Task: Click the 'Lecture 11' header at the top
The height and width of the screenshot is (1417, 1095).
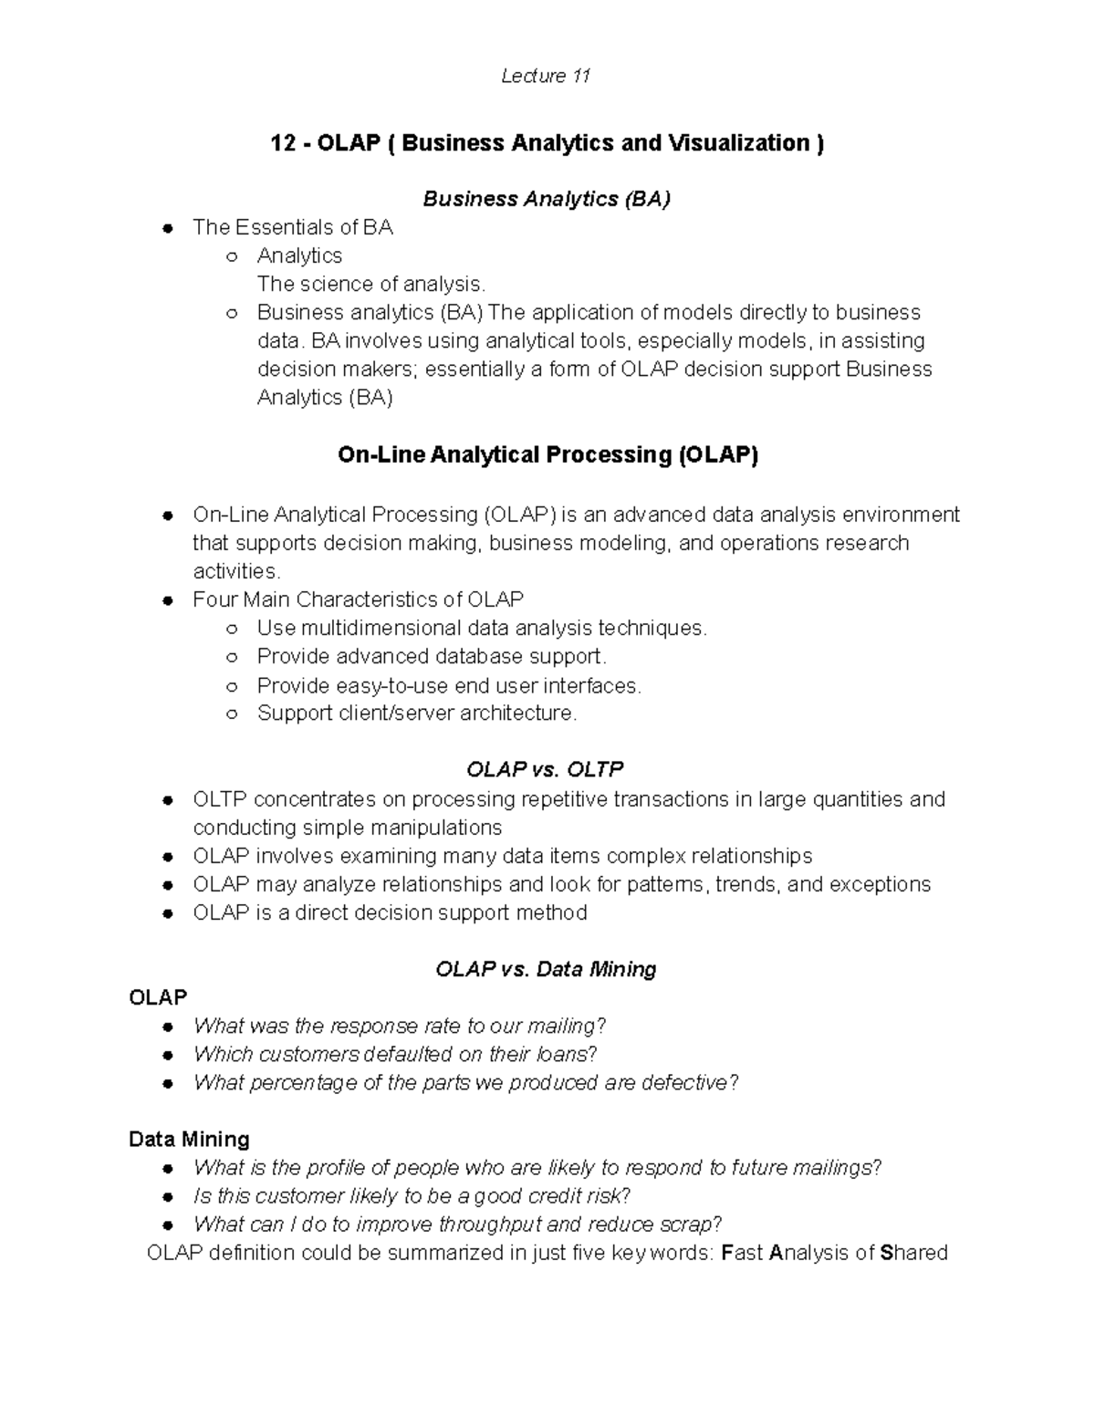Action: pyautogui.click(x=546, y=77)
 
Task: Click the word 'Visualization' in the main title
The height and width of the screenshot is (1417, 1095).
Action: pyautogui.click(x=738, y=143)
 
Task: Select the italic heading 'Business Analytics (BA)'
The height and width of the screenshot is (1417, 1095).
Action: pyautogui.click(x=546, y=200)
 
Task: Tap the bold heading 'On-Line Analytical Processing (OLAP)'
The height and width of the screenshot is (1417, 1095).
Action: pyautogui.click(x=547, y=454)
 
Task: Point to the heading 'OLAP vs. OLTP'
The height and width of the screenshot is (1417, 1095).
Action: pyautogui.click(x=545, y=769)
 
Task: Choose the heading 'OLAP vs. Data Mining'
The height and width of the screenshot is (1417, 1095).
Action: pyautogui.click(x=546, y=969)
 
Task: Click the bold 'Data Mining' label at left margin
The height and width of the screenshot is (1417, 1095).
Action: pyautogui.click(x=189, y=1140)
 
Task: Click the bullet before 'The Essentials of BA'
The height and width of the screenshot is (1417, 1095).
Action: pyautogui.click(x=168, y=229)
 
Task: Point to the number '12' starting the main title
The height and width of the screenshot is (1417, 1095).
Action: pyautogui.click(x=282, y=143)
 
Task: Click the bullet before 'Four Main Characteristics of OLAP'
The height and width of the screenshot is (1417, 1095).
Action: pyautogui.click(x=168, y=601)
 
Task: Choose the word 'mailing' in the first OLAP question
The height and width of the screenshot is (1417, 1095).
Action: pyautogui.click(x=562, y=1026)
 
